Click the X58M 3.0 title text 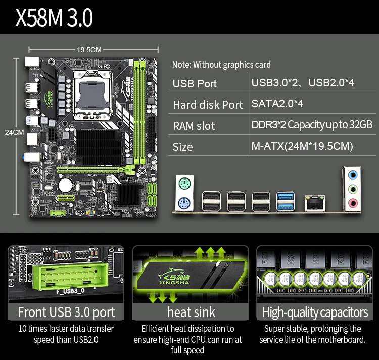point(54,17)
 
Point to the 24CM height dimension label point(14,132)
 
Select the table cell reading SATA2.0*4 point(277,104)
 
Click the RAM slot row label point(194,126)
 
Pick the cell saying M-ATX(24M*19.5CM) point(302,146)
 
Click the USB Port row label point(195,83)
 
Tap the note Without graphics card point(221,64)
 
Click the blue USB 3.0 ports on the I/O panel point(287,201)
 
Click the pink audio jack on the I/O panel point(352,204)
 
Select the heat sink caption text point(191,312)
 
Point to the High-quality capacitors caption point(315,312)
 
